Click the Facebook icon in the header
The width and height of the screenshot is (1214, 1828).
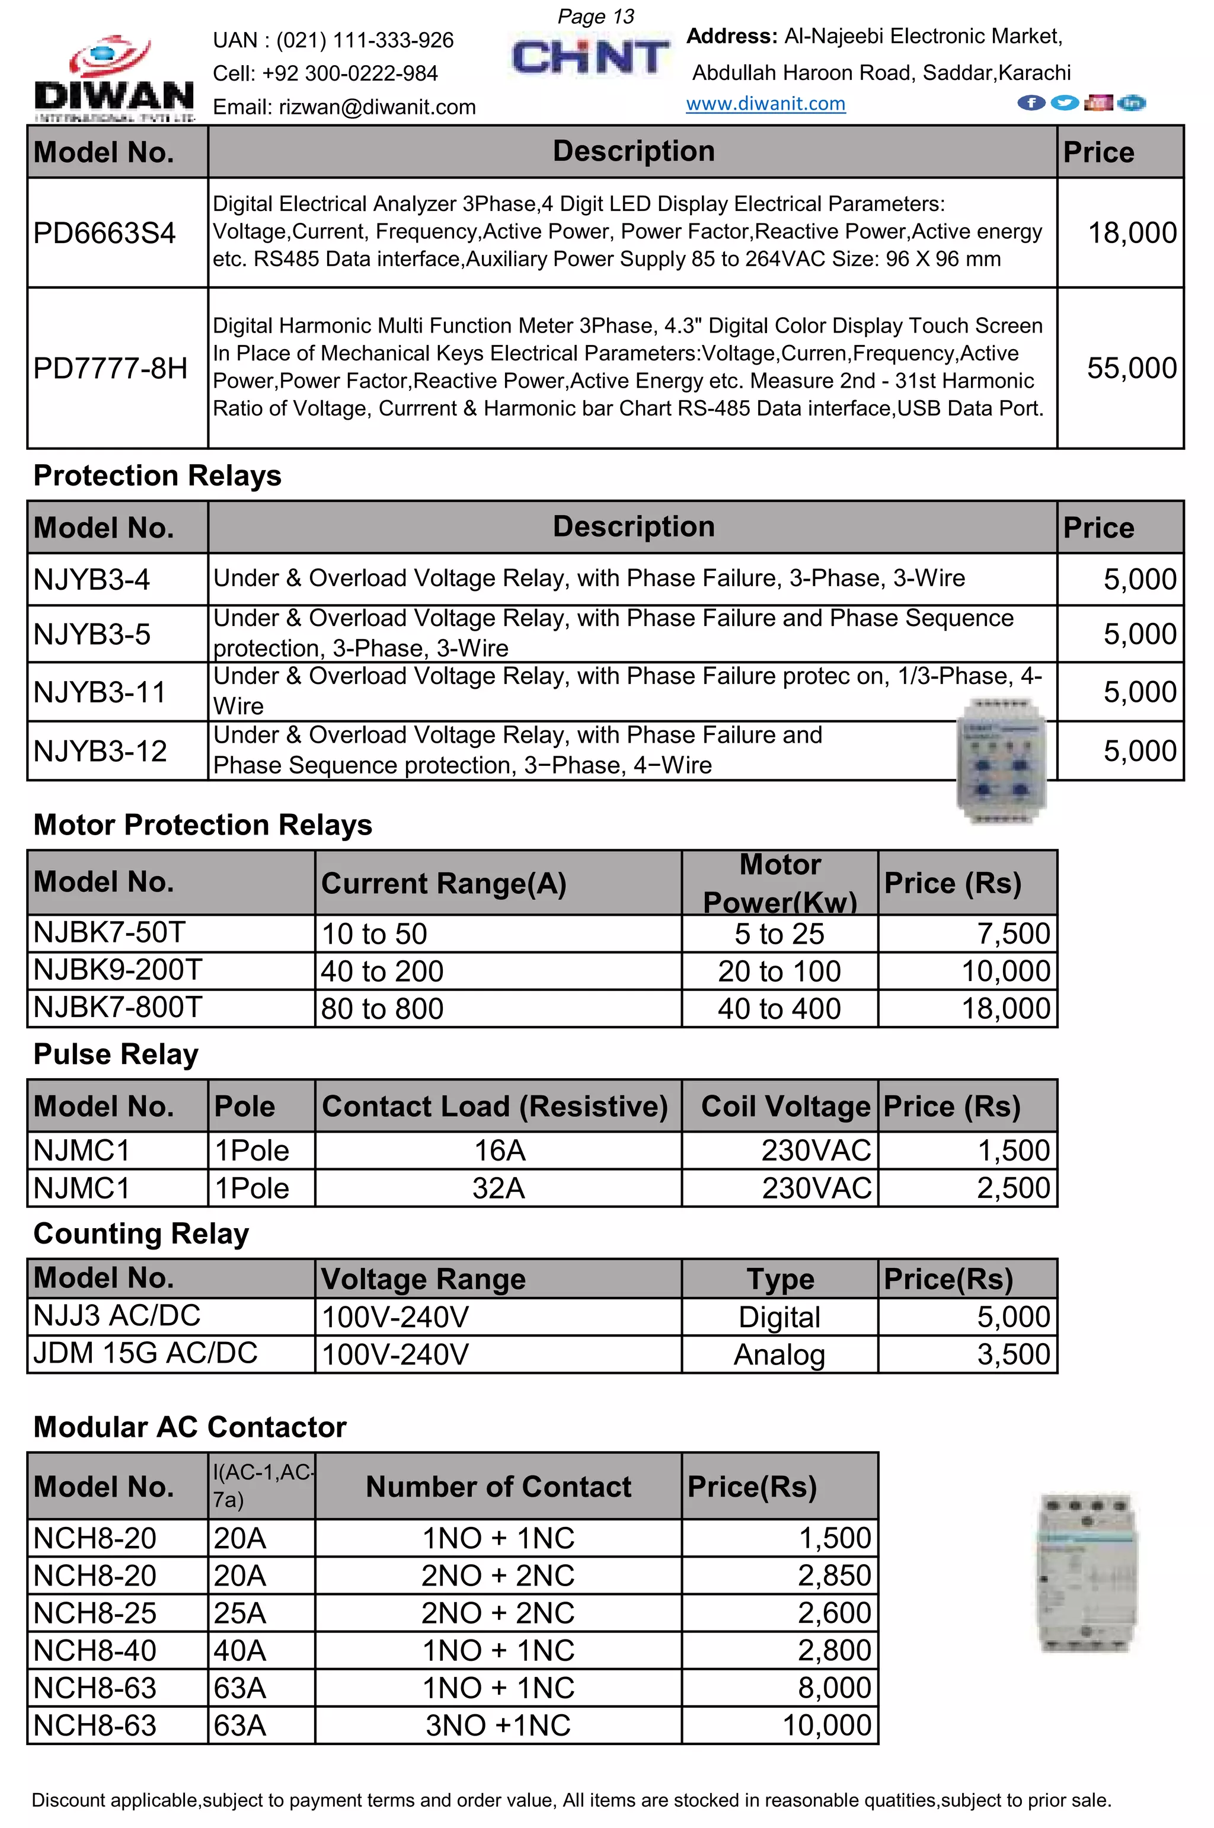tap(1030, 103)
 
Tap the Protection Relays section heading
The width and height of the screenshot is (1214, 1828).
tap(157, 475)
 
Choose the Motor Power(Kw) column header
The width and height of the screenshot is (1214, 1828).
tap(779, 883)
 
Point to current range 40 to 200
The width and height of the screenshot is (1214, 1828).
tap(382, 971)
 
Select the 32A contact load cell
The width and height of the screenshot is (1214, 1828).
tap(499, 1188)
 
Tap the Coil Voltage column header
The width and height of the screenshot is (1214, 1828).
tap(785, 1107)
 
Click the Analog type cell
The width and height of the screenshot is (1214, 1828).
tap(779, 1355)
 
